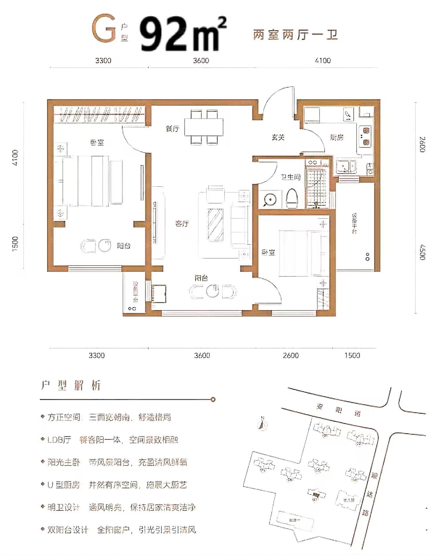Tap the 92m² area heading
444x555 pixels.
(x=182, y=34)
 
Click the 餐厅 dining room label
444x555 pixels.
(x=173, y=129)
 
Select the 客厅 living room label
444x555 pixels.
(x=182, y=224)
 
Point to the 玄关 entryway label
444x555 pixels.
(x=278, y=137)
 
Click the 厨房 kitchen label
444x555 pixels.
(x=337, y=137)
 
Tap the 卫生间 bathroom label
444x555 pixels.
(x=291, y=177)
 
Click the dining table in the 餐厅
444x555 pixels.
(x=204, y=127)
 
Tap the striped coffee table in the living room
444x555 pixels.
(x=215, y=225)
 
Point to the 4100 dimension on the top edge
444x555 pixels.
(x=323, y=61)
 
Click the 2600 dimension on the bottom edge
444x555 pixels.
(x=291, y=355)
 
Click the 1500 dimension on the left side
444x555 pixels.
(x=15, y=243)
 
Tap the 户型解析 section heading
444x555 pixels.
(x=71, y=385)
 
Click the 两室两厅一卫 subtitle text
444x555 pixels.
(x=295, y=35)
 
